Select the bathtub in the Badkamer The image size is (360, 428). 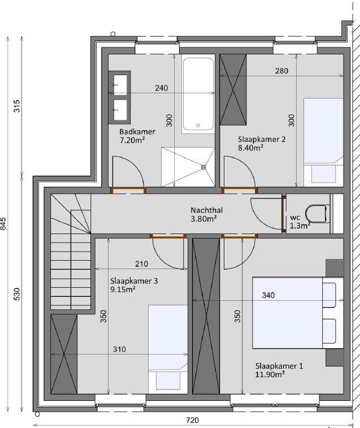click(x=198, y=94)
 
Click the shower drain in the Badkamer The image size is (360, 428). click(x=203, y=167)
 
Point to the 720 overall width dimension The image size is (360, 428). click(x=192, y=420)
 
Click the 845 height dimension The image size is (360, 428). click(x=3, y=224)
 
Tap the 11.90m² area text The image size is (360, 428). click(x=270, y=374)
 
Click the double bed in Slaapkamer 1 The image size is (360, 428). click(x=298, y=313)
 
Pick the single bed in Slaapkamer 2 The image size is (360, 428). click(x=323, y=141)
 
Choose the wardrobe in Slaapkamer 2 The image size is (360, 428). click(x=233, y=89)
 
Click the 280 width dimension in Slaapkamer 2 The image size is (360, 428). click(x=281, y=71)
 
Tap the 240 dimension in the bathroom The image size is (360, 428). click(x=161, y=88)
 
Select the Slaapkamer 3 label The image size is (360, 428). click(x=134, y=281)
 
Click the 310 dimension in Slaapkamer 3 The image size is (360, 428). click(x=120, y=349)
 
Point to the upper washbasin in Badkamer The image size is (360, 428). click(x=120, y=85)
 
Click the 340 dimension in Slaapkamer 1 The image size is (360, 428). click(x=268, y=295)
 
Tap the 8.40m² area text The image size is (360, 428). click(x=250, y=148)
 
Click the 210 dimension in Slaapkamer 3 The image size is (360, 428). click(x=142, y=264)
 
